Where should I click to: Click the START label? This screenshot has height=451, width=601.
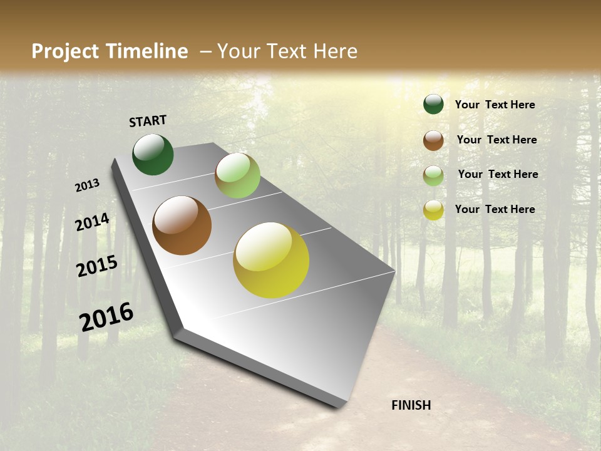(x=148, y=121)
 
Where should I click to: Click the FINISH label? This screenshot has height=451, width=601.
(x=411, y=405)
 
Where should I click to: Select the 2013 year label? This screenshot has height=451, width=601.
(x=88, y=185)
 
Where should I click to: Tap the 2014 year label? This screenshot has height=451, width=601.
(x=93, y=222)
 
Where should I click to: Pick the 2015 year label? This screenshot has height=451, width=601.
(x=97, y=266)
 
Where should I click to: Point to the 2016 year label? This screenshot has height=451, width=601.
(x=106, y=316)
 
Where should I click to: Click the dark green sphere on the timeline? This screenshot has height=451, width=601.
(x=153, y=155)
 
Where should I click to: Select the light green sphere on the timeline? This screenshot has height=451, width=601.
(x=237, y=175)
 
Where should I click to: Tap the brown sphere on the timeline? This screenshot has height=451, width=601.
(x=182, y=225)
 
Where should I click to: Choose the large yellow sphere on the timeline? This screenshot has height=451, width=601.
(x=271, y=260)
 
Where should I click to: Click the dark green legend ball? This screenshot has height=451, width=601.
(x=433, y=104)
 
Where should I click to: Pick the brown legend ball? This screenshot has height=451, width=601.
(x=433, y=140)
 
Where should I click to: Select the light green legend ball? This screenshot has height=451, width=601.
(x=433, y=175)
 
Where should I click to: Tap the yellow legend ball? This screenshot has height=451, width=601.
(x=433, y=210)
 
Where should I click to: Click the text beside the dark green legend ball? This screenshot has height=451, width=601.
(x=495, y=105)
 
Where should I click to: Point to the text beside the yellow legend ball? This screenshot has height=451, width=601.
(x=495, y=209)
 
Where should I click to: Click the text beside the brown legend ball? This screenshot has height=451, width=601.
(x=496, y=140)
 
